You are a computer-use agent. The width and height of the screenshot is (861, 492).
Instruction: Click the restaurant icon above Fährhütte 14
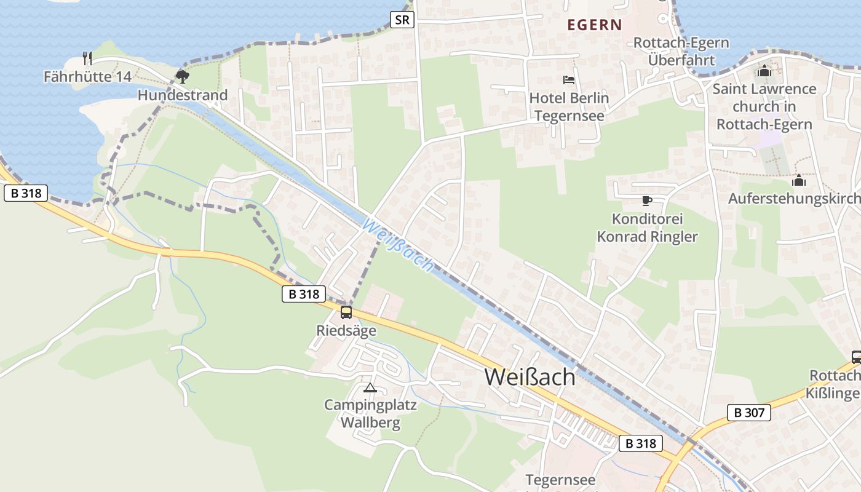[x=87, y=58]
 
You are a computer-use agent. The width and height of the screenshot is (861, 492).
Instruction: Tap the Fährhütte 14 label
[x=87, y=77]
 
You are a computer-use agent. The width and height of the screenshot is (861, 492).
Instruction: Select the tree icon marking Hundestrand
[x=182, y=76]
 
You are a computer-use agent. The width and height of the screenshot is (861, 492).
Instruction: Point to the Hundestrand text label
[x=183, y=95]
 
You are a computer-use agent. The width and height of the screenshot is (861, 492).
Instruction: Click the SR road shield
[x=402, y=20]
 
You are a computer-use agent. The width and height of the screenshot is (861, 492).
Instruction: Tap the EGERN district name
[x=595, y=25]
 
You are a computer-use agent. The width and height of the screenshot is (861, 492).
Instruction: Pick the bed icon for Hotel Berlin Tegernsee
[x=569, y=80]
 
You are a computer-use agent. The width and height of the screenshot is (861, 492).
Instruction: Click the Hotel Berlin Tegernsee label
[x=569, y=107]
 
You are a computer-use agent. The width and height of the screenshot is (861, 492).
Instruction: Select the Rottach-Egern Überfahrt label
[x=681, y=52]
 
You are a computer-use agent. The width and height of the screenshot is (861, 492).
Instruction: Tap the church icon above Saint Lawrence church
[x=764, y=71]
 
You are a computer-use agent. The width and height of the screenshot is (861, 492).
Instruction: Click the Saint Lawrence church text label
[x=764, y=106]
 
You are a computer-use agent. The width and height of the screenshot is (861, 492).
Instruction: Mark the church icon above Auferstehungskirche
[x=799, y=180]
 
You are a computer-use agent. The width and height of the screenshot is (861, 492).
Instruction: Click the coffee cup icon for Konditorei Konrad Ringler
[x=646, y=200]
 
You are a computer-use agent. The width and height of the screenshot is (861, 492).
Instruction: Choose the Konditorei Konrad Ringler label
[x=648, y=228]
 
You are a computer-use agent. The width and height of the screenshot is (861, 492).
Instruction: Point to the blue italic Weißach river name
[x=398, y=245]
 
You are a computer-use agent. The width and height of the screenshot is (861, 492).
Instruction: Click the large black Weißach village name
[x=530, y=377]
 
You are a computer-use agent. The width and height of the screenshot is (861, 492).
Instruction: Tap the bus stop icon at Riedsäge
[x=346, y=312]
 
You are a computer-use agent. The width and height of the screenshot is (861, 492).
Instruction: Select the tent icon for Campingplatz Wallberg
[x=370, y=387]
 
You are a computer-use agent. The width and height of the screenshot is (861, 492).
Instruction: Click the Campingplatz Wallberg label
[x=370, y=414]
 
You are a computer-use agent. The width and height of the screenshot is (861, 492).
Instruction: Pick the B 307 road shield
[x=748, y=412]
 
